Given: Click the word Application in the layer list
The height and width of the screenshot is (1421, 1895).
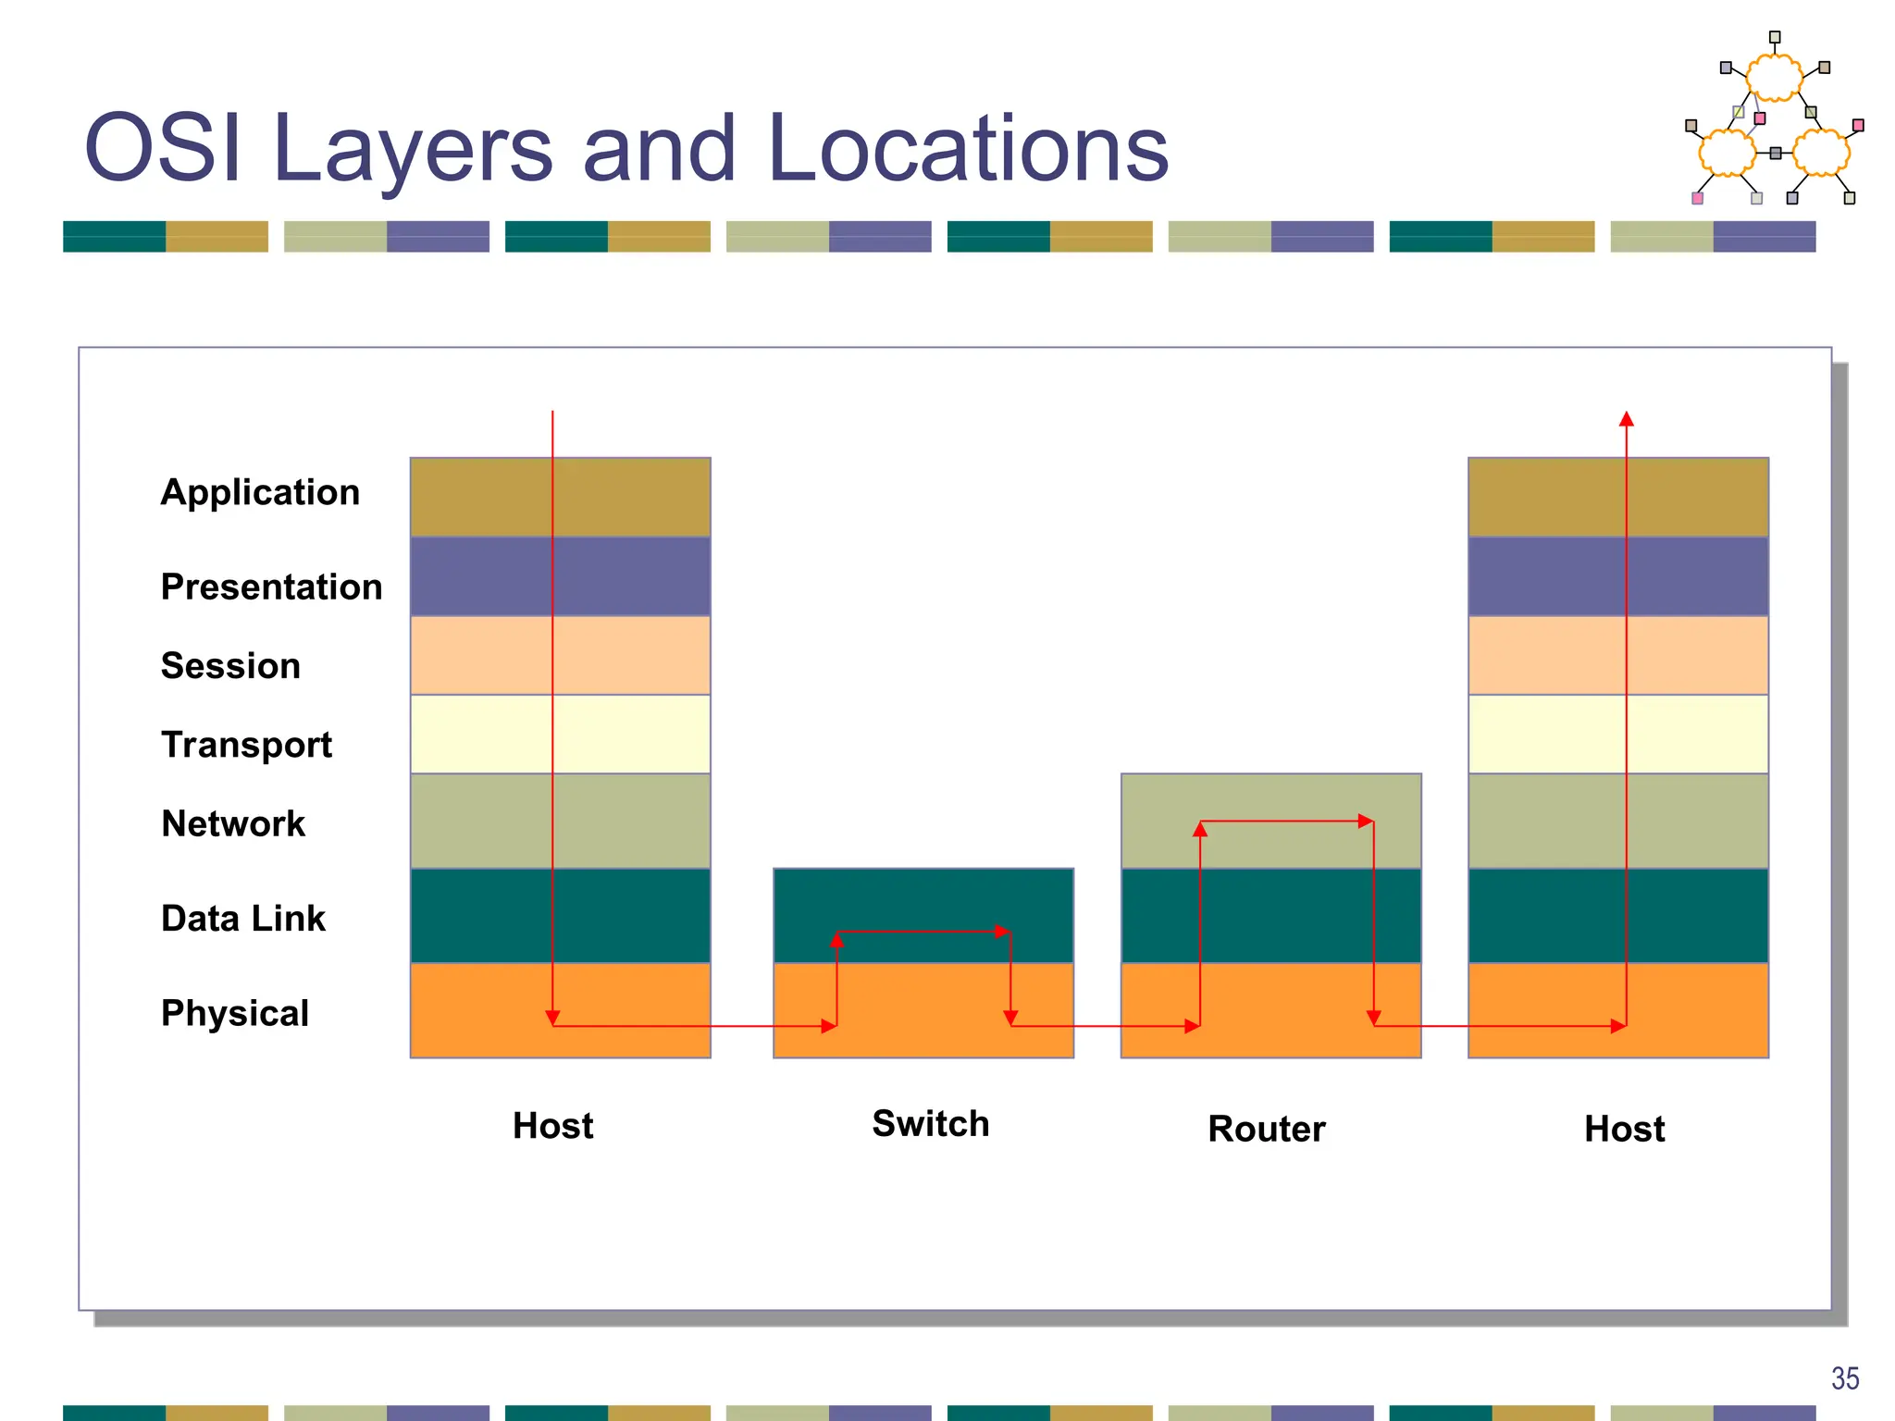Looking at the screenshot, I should click(260, 492).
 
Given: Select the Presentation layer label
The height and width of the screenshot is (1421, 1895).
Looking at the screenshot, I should click(271, 587).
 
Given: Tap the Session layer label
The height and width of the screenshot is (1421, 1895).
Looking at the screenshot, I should click(230, 665).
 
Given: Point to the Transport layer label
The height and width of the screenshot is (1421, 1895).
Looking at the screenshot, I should click(246, 744).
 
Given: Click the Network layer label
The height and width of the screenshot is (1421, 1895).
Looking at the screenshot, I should click(233, 823).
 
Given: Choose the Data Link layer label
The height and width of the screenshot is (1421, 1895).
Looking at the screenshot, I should click(243, 918).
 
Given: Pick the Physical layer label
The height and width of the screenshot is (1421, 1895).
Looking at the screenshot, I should click(235, 1013).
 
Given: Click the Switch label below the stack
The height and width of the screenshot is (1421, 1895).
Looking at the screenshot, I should click(931, 1123).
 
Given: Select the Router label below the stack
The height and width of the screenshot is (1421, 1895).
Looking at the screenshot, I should click(1267, 1129).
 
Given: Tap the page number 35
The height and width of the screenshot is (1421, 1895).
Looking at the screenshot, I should click(1844, 1378).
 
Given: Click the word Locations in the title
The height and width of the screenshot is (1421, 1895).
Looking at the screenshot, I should click(968, 148).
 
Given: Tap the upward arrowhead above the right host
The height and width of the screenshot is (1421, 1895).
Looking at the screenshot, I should click(1627, 419).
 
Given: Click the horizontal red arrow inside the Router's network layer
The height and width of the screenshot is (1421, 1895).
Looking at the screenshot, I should click(1286, 821).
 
